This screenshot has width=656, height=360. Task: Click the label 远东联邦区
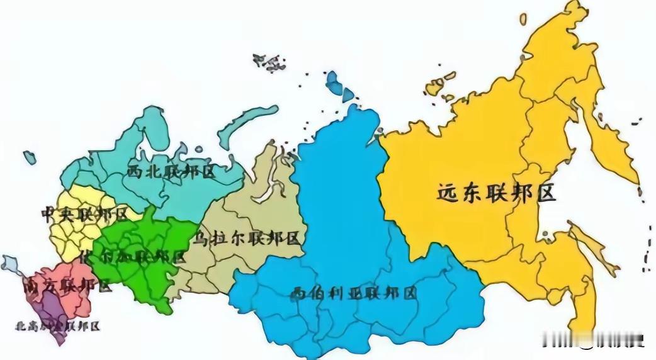click(497, 192)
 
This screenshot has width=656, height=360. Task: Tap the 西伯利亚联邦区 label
click(354, 293)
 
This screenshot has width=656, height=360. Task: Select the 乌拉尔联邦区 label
click(247, 238)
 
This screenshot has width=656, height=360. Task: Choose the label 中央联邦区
click(83, 214)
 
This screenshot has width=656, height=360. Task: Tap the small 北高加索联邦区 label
click(57, 326)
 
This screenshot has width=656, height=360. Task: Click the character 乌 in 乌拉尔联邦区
click(201, 238)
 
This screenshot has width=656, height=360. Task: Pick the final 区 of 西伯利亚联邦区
click(409, 293)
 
